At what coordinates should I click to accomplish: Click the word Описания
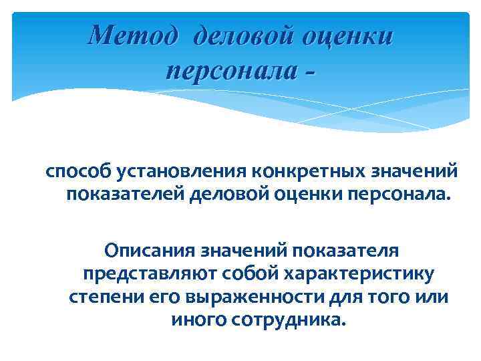[144, 251]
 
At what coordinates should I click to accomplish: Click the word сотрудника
[288, 319]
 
